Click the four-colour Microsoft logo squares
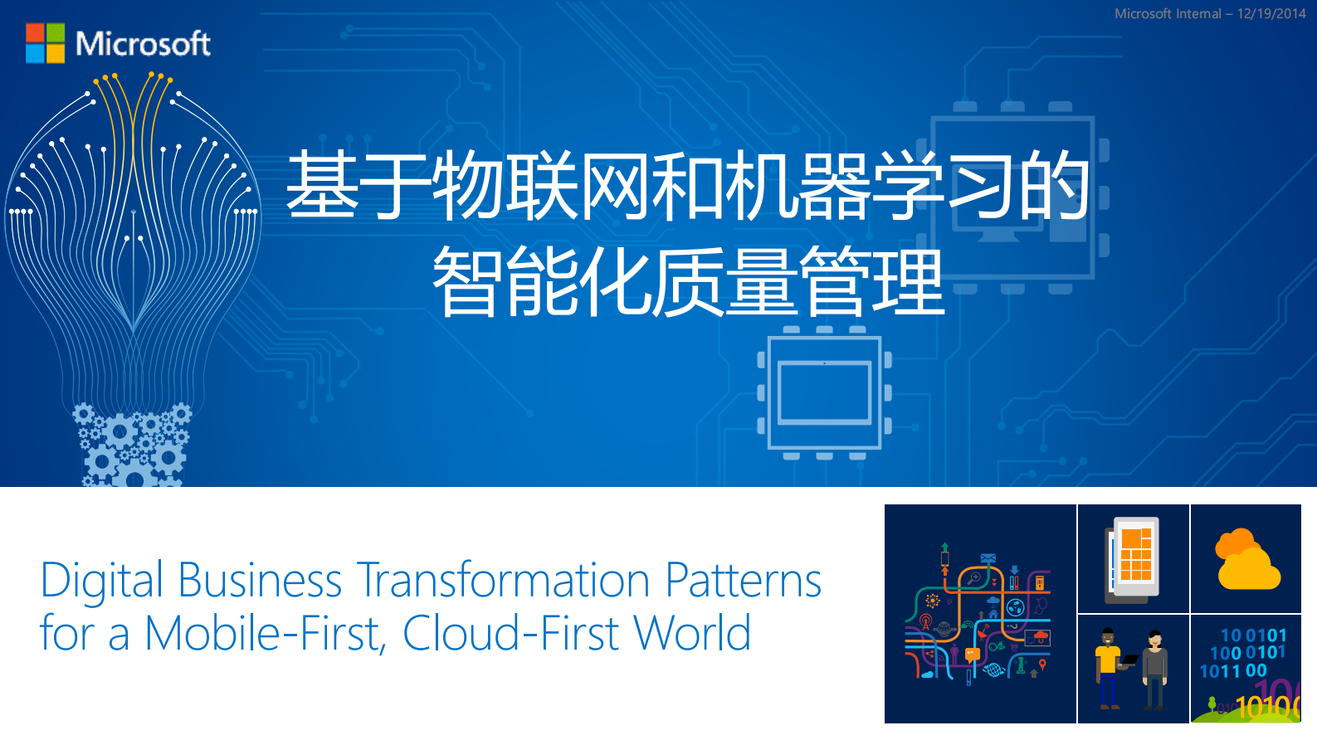[45, 43]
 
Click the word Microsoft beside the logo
[143, 43]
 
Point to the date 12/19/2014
[1271, 13]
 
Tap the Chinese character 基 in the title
[322, 185]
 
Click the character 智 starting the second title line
[468, 281]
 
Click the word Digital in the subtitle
[101, 581]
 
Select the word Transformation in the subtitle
[503, 581]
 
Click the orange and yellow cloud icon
[1246, 560]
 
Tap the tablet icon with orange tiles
[1134, 558]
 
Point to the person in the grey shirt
[1154, 669]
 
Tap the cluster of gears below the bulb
[131, 445]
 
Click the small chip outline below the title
[824, 392]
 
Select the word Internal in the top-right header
[1193, 13]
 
